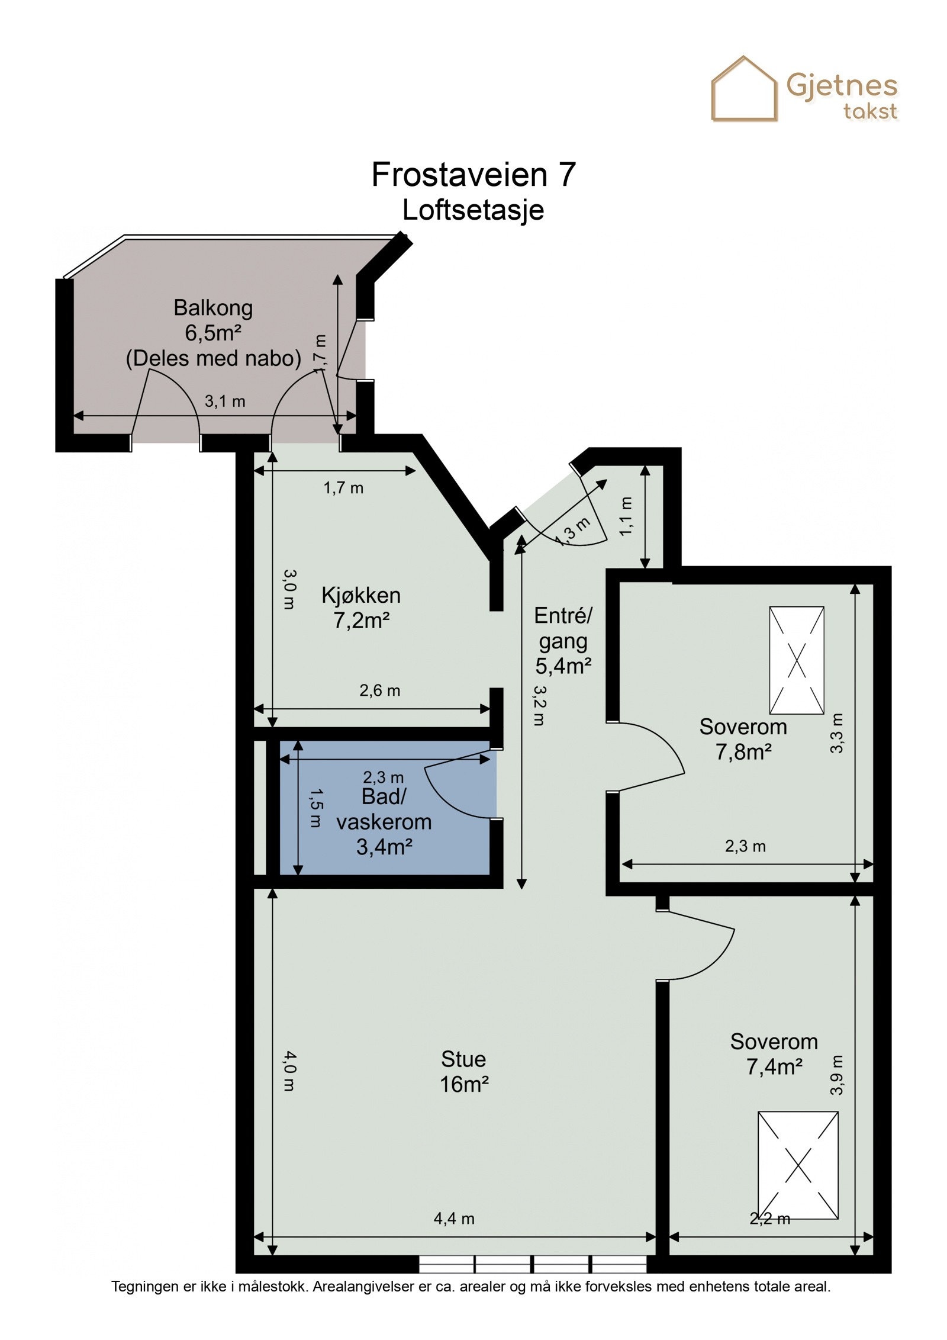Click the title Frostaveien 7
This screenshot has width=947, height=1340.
pos(473,175)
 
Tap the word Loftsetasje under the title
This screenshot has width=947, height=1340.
pos(473,210)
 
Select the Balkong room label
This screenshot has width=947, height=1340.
pos(213,308)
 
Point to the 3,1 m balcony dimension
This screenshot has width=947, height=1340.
pos(225,401)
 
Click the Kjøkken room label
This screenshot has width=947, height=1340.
pos(361,595)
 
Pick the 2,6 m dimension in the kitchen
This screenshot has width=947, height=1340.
pos(380,690)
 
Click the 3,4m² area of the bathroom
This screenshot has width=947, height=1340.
pos(384,847)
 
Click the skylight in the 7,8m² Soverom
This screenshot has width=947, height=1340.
pos(797,660)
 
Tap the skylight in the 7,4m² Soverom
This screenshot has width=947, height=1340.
pos(798,1165)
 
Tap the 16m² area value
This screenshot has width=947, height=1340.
pos(464,1084)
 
